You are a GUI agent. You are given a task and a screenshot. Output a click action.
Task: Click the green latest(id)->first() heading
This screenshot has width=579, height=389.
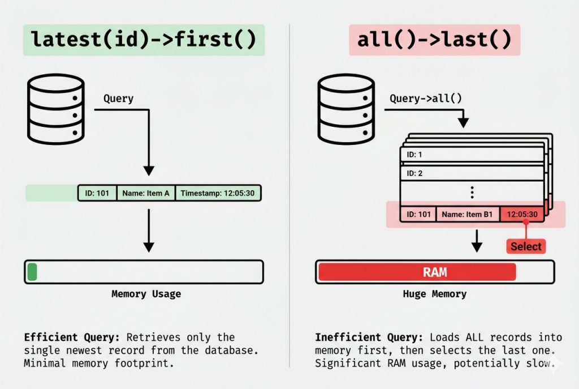[x=144, y=40]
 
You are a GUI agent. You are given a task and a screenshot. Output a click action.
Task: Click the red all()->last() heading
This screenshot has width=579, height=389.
[x=434, y=40]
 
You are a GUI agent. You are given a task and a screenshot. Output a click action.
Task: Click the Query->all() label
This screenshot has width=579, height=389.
[x=426, y=99]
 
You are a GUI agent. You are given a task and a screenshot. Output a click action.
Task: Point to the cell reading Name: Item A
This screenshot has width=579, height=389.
[x=146, y=193]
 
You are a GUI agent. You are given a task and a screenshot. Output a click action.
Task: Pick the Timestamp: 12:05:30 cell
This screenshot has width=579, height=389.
[x=218, y=193]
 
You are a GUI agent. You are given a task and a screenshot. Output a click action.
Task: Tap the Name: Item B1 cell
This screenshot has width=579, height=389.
[x=468, y=214]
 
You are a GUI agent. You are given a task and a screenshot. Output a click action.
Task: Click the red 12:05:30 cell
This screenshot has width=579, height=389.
[x=522, y=214]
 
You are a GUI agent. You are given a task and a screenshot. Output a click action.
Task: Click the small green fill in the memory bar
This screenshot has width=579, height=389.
[x=32, y=272]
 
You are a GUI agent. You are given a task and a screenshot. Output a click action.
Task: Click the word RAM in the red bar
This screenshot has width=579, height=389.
[x=435, y=272]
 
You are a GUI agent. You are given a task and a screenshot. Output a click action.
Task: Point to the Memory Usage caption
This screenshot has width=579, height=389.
[x=146, y=294]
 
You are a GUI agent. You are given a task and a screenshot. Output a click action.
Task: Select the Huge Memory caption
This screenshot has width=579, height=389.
[x=434, y=294]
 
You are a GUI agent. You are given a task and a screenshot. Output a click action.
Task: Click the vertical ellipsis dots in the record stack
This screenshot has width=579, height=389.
[x=472, y=193]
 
